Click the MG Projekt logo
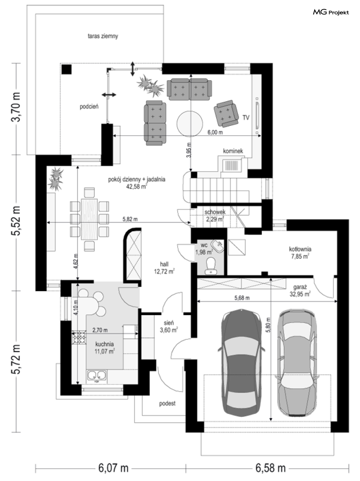pos(331,12)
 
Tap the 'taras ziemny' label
pos(103,36)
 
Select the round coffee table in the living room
pos(190,124)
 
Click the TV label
pos(246,118)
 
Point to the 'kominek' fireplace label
pos(233,151)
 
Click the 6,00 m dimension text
pos(215,132)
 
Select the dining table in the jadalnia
pos(89,219)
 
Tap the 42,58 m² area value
pos(136,187)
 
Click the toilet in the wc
pos(211,266)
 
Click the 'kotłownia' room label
pos(300,249)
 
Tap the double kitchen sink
pos(97,375)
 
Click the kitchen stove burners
pos(79,337)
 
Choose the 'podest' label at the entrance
pos(167,404)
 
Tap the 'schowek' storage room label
pos(215,212)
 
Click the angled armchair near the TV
pos(226,114)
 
